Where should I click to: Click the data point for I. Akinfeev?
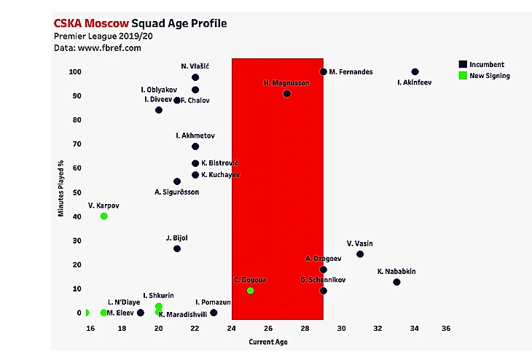pyautogui.click(x=415, y=72)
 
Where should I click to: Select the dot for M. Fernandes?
pyautogui.click(x=324, y=71)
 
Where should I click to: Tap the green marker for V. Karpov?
pyautogui.click(x=104, y=216)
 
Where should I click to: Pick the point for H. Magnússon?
pyautogui.click(x=287, y=94)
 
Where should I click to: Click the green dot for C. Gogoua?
pyautogui.click(x=251, y=291)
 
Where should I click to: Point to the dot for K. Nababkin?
pyautogui.click(x=396, y=282)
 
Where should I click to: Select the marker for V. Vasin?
pyautogui.click(x=360, y=254)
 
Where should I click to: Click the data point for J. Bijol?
pyautogui.click(x=177, y=249)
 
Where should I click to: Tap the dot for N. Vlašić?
pyautogui.click(x=195, y=77)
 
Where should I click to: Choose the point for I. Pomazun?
pyautogui.click(x=214, y=313)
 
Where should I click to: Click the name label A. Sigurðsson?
pyautogui.click(x=176, y=192)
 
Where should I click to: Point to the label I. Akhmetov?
pyautogui.click(x=195, y=136)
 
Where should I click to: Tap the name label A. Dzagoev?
pyautogui.click(x=322, y=259)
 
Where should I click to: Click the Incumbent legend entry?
pyautogui.click(x=486, y=64)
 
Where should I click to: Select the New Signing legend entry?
pyautogui.click(x=489, y=75)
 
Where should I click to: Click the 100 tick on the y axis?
pyautogui.click(x=75, y=72)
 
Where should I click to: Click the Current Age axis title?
pyautogui.click(x=268, y=342)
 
